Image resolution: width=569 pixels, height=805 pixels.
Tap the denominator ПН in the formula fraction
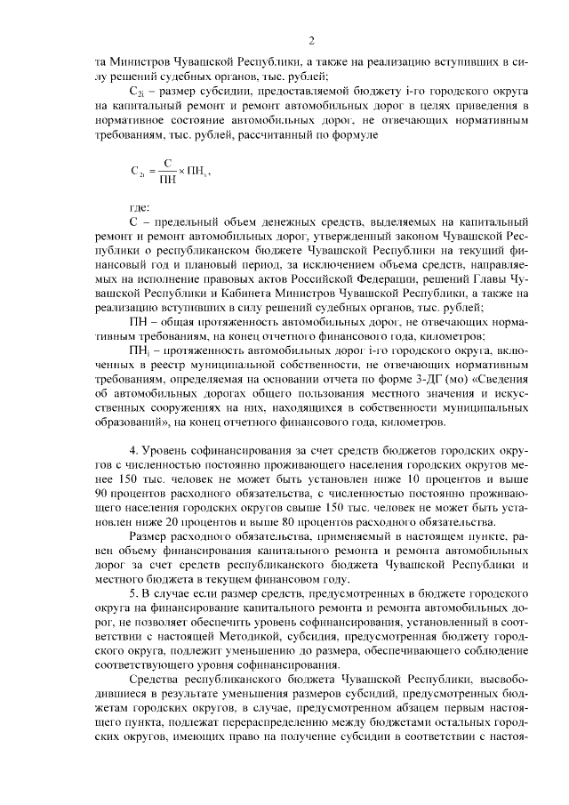click(166, 180)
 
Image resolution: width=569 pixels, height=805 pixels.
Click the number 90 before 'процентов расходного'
click(104, 491)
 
